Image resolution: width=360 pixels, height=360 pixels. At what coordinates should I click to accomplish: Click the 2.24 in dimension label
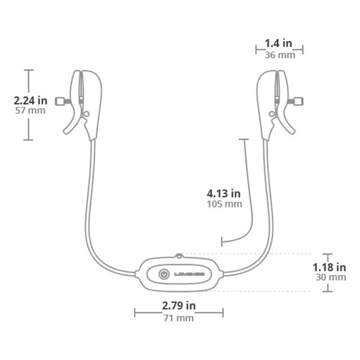coord(31,100)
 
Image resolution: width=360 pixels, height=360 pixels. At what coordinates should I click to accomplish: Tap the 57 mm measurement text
coord(30,110)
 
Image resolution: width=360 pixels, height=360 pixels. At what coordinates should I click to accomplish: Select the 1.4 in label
coord(278,44)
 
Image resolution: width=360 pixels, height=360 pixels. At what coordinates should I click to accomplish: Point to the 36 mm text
coord(280,55)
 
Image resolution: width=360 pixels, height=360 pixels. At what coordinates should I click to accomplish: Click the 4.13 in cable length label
coord(224,194)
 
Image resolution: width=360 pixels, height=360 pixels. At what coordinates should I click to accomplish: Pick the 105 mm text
coord(224,204)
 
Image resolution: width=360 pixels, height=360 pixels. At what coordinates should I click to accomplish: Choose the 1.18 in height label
coord(329,267)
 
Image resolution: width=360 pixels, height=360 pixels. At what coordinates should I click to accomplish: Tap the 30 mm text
coord(330,277)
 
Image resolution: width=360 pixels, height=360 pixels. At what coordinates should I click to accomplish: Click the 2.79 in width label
coord(179,306)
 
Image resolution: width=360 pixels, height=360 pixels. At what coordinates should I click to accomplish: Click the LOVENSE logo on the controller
coord(189,274)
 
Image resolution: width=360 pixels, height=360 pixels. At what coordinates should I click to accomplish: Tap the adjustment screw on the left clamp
coord(60,101)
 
